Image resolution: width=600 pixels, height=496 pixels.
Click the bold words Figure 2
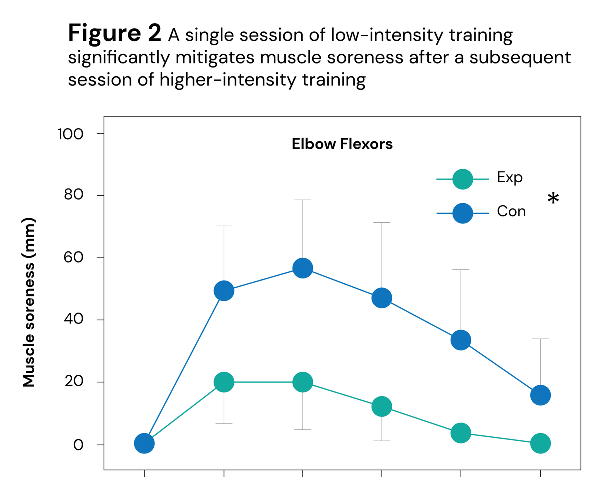(114, 34)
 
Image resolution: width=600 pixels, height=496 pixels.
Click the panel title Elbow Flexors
(342, 145)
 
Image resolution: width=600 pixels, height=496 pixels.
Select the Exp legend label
(510, 177)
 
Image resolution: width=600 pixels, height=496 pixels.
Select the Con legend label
(511, 211)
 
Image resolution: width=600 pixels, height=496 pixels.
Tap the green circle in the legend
(462, 179)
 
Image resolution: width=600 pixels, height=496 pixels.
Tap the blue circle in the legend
(462, 213)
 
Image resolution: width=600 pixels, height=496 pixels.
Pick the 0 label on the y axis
(78, 445)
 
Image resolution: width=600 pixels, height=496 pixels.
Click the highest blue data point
(303, 268)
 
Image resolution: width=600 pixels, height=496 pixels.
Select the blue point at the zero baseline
(144, 443)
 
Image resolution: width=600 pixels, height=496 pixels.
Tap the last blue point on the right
(541, 395)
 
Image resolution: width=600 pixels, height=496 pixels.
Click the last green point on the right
(541, 443)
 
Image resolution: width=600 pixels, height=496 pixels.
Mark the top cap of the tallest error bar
(303, 200)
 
